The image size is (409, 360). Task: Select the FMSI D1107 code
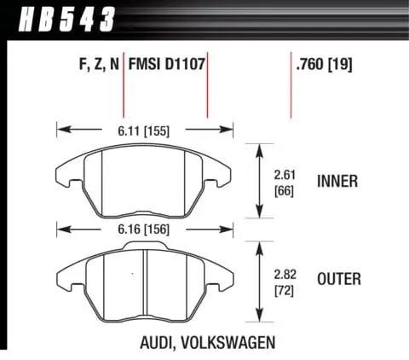(166, 63)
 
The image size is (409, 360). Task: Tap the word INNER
(337, 181)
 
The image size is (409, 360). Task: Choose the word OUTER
(338, 279)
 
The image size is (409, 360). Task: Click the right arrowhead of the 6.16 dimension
(231, 229)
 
